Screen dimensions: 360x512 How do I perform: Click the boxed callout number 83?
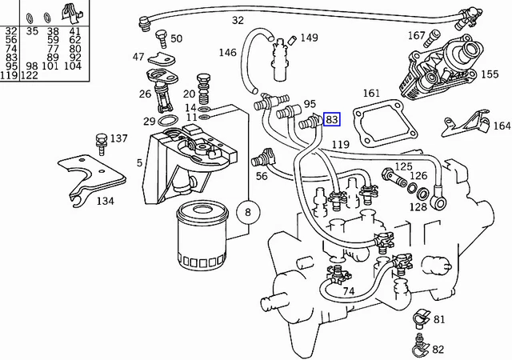coord(332,120)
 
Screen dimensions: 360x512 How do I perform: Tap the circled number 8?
coord(247,212)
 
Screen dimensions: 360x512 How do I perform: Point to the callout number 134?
coord(105,201)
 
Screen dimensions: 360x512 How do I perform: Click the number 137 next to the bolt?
coord(118,138)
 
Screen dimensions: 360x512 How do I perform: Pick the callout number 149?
coord(309,38)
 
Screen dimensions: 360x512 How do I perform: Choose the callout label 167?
coord(416,35)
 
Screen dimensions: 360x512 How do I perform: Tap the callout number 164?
coord(501,126)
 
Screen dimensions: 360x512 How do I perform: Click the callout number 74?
coord(348,291)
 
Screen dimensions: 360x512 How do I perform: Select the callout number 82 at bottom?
coord(438,350)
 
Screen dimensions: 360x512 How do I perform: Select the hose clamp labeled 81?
coord(418,321)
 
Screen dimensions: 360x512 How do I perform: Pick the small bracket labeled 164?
coord(464,124)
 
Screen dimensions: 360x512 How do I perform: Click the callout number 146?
coord(229,53)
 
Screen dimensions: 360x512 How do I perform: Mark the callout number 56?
coord(261,176)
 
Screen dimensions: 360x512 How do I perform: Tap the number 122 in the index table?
coord(30,75)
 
